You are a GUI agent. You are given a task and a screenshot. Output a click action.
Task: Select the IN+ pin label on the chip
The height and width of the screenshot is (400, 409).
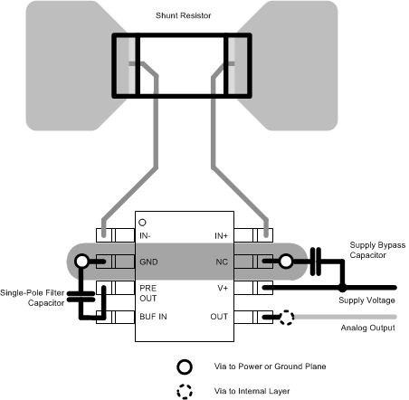(x=221, y=235)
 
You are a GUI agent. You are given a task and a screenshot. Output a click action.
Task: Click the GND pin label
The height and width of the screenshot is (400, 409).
(x=149, y=262)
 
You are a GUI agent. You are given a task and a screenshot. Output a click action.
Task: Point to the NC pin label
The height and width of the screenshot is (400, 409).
(x=223, y=262)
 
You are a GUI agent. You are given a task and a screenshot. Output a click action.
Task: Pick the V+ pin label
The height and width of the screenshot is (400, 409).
(x=223, y=288)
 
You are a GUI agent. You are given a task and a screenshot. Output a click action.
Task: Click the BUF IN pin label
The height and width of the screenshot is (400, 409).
(x=153, y=318)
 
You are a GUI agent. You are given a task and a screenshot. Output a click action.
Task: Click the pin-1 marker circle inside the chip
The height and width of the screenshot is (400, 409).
(x=142, y=222)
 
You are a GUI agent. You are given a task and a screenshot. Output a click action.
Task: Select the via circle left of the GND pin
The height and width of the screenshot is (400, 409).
(x=82, y=262)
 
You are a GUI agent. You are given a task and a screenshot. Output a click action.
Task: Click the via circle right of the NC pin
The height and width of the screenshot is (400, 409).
(x=286, y=262)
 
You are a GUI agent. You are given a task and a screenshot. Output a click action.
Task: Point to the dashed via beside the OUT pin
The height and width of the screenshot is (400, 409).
(x=286, y=318)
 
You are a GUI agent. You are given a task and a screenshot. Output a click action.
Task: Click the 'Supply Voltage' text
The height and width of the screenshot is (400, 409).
(x=366, y=300)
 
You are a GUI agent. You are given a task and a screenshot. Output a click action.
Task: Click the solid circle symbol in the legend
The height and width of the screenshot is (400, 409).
(x=184, y=367)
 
